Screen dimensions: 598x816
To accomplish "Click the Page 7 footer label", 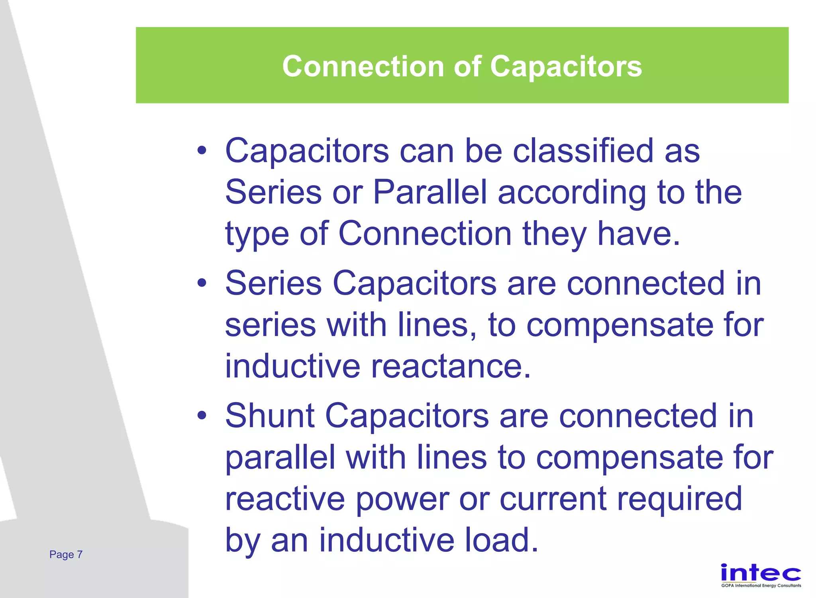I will pos(66,554).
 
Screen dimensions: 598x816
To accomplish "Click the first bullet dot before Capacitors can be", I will pos(202,151).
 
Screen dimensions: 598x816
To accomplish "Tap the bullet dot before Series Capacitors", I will pos(202,283).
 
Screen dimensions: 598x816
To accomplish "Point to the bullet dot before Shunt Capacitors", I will pos(202,416).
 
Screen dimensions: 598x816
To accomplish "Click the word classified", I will pos(583,151).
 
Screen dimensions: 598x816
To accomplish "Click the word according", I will pos(572,192).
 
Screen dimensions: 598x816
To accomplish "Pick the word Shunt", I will pos(270,416).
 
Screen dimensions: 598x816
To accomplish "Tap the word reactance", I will pos(451,366).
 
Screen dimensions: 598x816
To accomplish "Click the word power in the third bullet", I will pos(402,499).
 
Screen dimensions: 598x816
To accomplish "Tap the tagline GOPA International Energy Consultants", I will pos(761,586).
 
